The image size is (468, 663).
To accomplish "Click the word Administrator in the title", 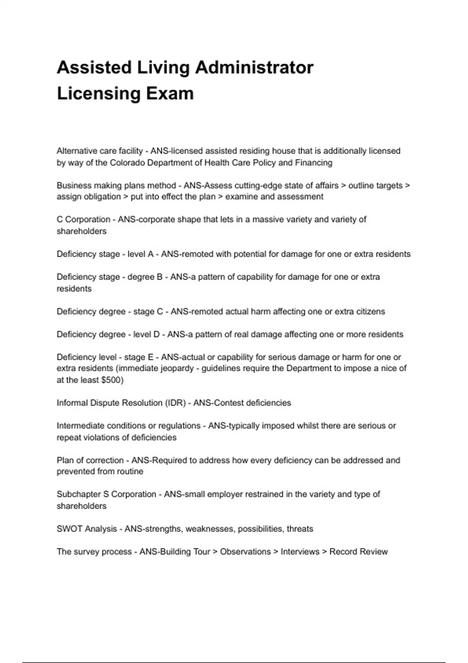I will click(x=254, y=67).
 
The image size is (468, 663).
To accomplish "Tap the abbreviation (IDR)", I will click(x=175, y=403).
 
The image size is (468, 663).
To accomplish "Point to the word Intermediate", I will click(x=80, y=426).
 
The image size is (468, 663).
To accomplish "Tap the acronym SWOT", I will click(x=69, y=529).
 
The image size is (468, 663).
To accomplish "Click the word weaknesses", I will click(x=209, y=529).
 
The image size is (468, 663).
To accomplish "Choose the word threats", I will click(x=300, y=529).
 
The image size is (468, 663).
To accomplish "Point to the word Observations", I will click(x=245, y=552).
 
